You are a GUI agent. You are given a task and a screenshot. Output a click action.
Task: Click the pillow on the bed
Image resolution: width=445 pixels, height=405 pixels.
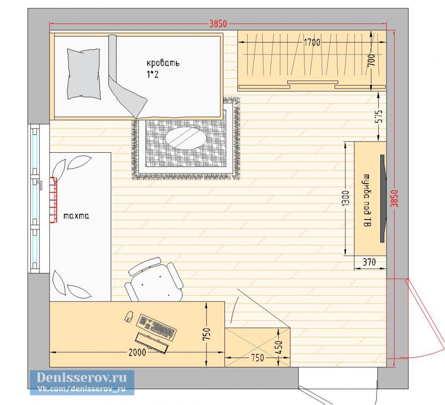click(84, 74)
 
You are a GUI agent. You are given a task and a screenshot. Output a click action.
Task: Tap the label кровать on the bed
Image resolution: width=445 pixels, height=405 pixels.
click(163, 63)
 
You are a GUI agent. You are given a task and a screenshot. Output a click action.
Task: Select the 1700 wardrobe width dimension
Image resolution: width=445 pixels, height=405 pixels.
click(312, 43)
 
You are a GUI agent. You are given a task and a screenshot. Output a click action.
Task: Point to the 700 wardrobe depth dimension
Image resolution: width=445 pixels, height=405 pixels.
click(371, 60)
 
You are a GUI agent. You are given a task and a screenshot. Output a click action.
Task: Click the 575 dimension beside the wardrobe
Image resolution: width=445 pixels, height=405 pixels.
click(379, 116)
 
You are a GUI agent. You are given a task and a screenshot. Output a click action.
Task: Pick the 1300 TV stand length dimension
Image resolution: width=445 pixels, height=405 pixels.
click(346, 198)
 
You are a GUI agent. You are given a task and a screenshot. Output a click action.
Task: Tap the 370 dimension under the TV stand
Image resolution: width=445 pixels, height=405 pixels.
click(369, 262)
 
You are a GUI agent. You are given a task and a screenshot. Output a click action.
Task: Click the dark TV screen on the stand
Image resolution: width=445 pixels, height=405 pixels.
click(383, 198)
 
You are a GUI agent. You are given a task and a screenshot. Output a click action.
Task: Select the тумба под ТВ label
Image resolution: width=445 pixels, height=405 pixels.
click(367, 200)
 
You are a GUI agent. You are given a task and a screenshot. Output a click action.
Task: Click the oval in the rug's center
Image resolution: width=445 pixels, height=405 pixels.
click(186, 138)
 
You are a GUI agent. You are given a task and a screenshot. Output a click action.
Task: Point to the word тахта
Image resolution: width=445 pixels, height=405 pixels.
click(76, 216)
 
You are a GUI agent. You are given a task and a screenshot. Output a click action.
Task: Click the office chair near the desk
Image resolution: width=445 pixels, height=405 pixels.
click(154, 280)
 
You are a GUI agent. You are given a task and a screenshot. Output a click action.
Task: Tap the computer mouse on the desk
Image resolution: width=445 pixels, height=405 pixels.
click(130, 316)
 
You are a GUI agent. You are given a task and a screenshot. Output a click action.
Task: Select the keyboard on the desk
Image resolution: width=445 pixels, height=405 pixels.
click(156, 327)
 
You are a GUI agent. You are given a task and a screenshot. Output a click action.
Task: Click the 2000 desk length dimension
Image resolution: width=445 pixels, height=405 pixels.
click(137, 352)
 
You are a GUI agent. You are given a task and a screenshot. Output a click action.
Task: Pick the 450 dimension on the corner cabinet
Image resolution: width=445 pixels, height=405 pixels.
click(279, 347)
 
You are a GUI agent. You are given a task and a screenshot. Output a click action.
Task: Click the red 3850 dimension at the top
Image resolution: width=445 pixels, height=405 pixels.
click(218, 24)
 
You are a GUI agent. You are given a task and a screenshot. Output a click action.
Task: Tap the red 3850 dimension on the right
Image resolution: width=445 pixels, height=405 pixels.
click(395, 198)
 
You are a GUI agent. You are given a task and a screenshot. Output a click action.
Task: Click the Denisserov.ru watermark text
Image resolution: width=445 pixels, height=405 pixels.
click(82, 377)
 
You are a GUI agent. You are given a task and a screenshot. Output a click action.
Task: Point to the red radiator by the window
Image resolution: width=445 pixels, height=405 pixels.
click(53, 200)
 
